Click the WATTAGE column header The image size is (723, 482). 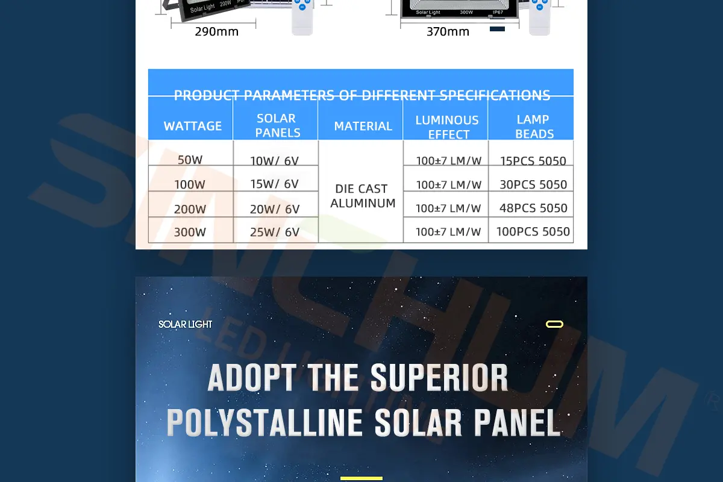click(x=193, y=126)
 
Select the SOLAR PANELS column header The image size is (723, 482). click(x=277, y=125)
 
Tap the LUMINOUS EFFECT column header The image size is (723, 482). click(x=447, y=127)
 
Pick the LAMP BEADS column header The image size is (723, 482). click(x=533, y=127)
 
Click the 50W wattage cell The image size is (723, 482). click(x=190, y=160)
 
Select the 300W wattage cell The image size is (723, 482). click(x=190, y=232)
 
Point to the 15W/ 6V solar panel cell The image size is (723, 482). click(x=275, y=184)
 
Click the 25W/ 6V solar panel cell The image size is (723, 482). click(x=275, y=232)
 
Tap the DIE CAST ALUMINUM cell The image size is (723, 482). click(x=362, y=196)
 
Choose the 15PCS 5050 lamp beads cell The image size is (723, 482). click(x=533, y=161)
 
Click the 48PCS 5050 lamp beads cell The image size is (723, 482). click(x=533, y=208)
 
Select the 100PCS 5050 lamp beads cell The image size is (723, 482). click(x=533, y=231)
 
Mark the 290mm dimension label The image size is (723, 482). click(x=216, y=32)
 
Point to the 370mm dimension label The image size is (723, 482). click(x=448, y=32)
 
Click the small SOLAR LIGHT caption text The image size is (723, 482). click(x=186, y=324)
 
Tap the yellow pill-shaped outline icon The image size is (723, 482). click(x=554, y=324)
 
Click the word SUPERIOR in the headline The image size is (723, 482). click(x=439, y=378)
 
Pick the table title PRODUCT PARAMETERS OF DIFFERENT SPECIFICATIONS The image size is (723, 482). click(x=361, y=95)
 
